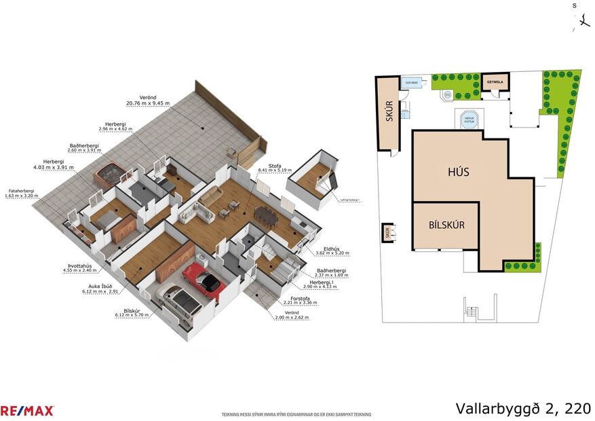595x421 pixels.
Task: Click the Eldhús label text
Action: (x=332, y=248)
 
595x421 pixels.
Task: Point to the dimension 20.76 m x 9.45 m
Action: (x=147, y=103)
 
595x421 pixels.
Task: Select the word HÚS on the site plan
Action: (x=458, y=172)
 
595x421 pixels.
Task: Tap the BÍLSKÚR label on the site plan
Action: (x=446, y=225)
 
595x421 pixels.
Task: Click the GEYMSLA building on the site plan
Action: (x=497, y=83)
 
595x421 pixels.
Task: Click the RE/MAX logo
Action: (x=27, y=410)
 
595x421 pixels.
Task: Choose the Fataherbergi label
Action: (x=20, y=191)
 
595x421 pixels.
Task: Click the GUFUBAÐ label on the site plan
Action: (x=411, y=82)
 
